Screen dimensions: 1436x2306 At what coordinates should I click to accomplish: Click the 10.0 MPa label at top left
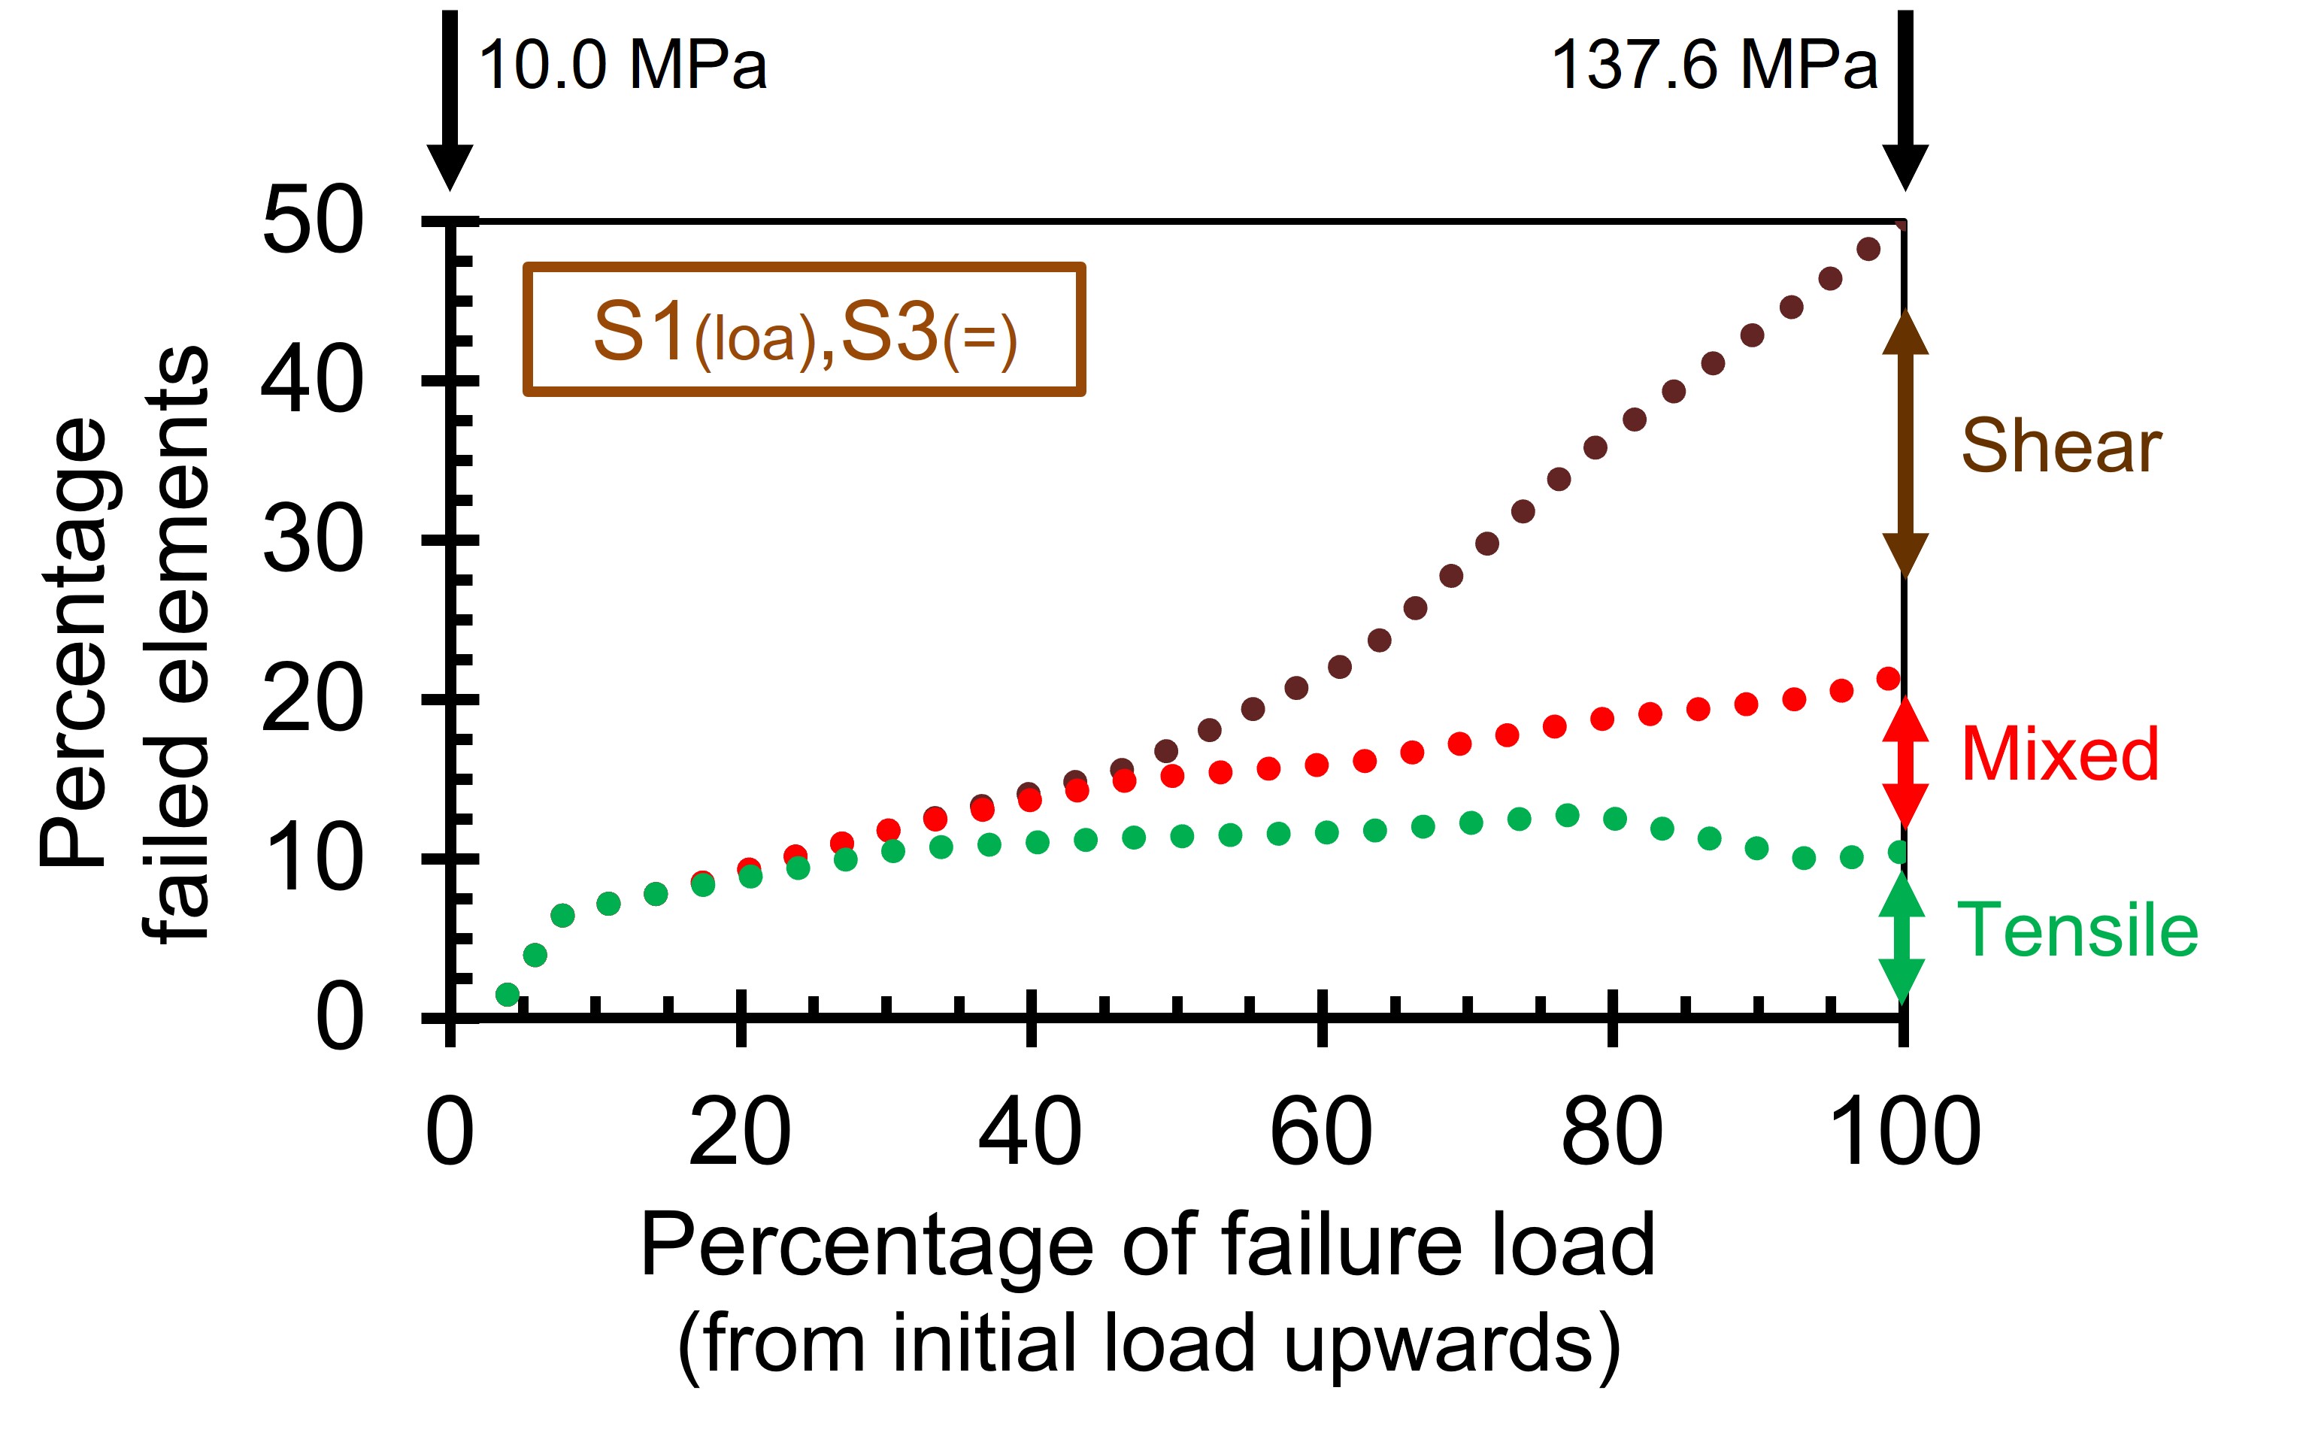(622, 66)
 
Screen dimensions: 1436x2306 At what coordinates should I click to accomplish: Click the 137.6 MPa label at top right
(1714, 66)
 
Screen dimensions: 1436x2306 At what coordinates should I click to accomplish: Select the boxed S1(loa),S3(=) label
(805, 329)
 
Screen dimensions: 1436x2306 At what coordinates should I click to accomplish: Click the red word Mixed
(2059, 754)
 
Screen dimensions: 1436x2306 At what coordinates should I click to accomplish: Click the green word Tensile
(2077, 930)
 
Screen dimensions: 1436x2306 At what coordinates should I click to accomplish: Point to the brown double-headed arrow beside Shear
(1904, 444)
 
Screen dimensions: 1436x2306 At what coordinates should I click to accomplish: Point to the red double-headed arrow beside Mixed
(1904, 762)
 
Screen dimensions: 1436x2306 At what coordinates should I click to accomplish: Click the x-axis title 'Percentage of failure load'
(1148, 1244)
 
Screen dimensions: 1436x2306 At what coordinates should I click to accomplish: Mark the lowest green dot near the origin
(508, 995)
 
